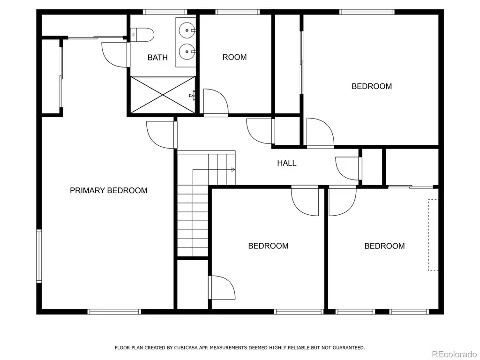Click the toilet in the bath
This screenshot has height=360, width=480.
point(142,35)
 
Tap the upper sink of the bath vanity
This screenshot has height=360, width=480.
point(187,30)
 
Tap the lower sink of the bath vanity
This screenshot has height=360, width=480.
point(187,52)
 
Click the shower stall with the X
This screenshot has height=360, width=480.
point(163,95)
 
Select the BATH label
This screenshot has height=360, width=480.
point(157,58)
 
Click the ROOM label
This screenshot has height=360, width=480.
point(234,57)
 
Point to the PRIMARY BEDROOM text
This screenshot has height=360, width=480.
point(109,190)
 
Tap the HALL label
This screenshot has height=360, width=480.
point(287,163)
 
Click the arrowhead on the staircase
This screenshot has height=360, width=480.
point(233,170)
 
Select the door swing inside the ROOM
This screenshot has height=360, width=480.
point(216,102)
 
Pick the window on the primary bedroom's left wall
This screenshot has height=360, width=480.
point(39,256)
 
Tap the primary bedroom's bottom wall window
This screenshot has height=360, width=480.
point(114,312)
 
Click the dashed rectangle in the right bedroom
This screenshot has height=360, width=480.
point(433,235)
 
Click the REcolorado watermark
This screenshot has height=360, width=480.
point(454,354)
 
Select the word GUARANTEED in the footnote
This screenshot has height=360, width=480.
point(349,348)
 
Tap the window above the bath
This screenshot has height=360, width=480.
point(165,12)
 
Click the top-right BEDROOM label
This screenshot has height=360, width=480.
point(372,86)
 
